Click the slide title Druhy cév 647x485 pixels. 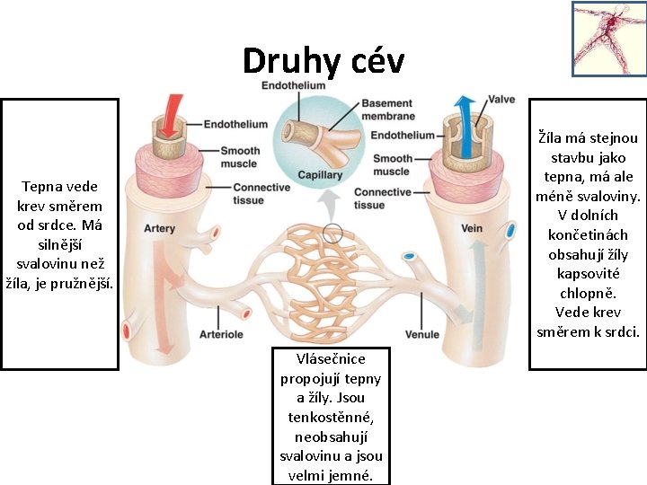coord(323,61)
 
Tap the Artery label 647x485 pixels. coord(159,228)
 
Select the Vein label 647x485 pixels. coord(472,228)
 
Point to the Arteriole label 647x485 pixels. coord(221,334)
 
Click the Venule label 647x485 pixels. coord(422,334)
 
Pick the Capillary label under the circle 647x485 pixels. coord(320,175)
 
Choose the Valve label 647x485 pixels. coord(501,99)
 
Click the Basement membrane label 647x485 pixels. coord(387,110)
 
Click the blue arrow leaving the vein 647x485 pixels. coord(465,111)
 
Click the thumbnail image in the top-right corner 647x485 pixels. coord(608,39)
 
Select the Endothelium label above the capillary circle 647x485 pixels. coord(292,85)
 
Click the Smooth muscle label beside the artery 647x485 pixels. coord(240,156)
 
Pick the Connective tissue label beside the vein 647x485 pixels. coord(382,198)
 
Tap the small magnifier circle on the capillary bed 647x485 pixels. coord(332,233)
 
